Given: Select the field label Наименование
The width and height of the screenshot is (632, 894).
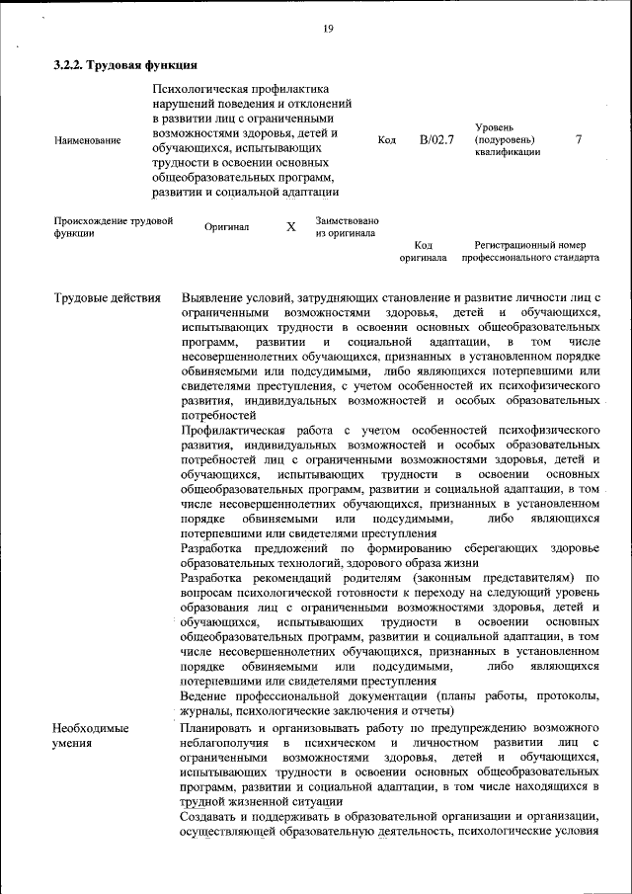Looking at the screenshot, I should [87, 141].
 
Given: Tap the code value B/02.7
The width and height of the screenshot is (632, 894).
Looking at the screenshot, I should [435, 139].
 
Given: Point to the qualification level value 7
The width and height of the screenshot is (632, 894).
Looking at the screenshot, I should [579, 139].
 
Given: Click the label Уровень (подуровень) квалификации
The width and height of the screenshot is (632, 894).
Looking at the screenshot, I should [507, 140].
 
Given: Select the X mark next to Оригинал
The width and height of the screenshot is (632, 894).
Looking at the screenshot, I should [291, 227].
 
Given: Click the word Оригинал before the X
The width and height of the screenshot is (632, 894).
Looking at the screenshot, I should [226, 227].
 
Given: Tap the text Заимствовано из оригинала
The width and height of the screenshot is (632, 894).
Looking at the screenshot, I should [347, 227].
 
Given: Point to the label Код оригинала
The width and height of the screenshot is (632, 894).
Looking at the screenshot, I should [423, 251].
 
